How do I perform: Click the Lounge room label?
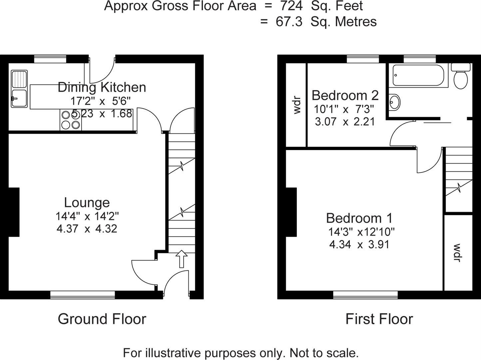pyautogui.click(x=87, y=203)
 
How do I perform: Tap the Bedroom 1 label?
pyautogui.click(x=359, y=218)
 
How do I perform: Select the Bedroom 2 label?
pyautogui.click(x=345, y=95)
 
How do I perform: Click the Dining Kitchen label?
pyautogui.click(x=102, y=87)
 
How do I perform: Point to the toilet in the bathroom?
pyautogui.click(x=461, y=76)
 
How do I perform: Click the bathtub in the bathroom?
pyautogui.click(x=418, y=75)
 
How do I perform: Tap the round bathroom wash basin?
pyautogui.click(x=395, y=102)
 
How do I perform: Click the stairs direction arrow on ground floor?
pyautogui.click(x=182, y=259)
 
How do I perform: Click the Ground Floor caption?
pyautogui.click(x=102, y=319)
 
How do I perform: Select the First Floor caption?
pyautogui.click(x=379, y=319)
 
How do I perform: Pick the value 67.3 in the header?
pyautogui.click(x=289, y=22)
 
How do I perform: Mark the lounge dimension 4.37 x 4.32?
pyautogui.click(x=87, y=229)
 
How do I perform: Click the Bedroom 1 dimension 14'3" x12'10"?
pyautogui.click(x=361, y=232)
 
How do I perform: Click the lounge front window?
pyautogui.click(x=83, y=294)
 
